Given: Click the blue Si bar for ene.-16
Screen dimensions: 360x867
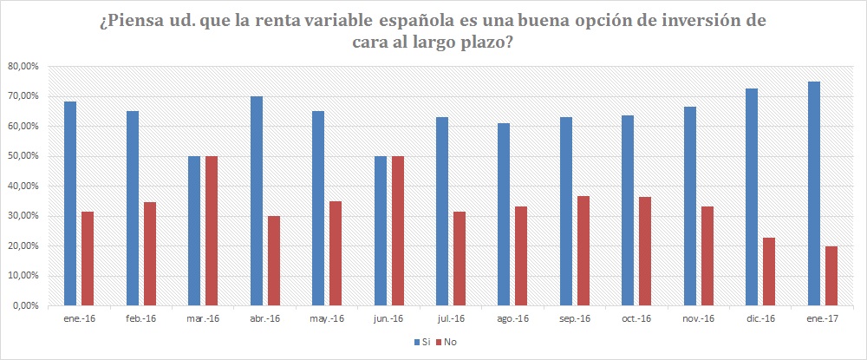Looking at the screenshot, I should (x=70, y=204).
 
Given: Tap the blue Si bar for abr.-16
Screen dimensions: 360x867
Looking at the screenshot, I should (x=257, y=201).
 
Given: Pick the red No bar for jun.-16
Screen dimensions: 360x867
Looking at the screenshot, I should (x=398, y=231).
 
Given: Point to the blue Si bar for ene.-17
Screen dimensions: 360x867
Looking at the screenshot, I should (x=814, y=193).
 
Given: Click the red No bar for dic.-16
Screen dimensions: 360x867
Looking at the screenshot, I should (x=769, y=272).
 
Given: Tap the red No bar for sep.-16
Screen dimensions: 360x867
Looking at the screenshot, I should (x=583, y=251).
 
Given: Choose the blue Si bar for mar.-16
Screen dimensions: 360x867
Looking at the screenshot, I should (x=194, y=231).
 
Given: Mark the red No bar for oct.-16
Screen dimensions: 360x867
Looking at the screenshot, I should (x=645, y=252).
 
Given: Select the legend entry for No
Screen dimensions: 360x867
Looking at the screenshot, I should (x=447, y=342).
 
